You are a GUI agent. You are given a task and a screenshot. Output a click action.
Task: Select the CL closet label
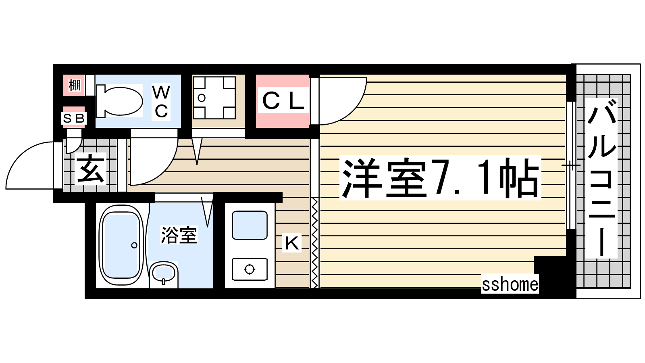[x=283, y=101]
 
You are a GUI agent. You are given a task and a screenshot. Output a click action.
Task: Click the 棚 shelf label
[x=74, y=85]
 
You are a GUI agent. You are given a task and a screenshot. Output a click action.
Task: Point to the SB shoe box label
[x=74, y=118]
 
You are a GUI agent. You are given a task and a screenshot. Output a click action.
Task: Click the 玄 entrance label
[x=90, y=169]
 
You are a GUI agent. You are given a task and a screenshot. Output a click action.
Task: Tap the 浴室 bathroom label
[x=179, y=235]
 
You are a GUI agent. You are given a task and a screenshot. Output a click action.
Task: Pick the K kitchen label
[x=292, y=242]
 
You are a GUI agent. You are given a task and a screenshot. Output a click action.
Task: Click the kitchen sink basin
[x=250, y=225]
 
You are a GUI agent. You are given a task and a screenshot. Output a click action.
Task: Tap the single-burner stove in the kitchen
[x=250, y=269]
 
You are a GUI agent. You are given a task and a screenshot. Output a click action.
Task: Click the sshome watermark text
[x=510, y=284]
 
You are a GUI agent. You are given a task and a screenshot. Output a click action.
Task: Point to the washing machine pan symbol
[x=214, y=98]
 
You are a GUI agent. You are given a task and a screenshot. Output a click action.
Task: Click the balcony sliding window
[x=571, y=165]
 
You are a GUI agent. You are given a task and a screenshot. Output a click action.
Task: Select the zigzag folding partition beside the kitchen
[x=315, y=242]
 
